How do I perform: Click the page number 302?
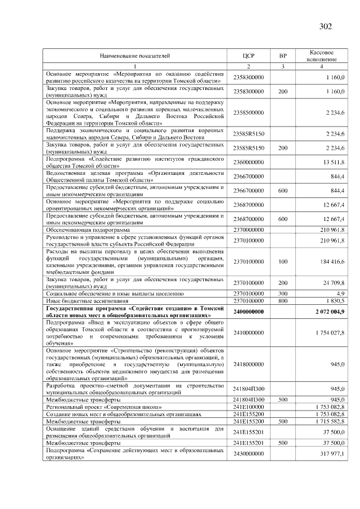click(x=325, y=26)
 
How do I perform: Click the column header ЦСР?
click(x=248, y=56)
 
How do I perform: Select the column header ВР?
click(x=283, y=56)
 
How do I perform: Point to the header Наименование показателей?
click(x=135, y=56)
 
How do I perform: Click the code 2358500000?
click(x=248, y=112)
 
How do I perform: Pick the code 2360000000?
click(x=248, y=162)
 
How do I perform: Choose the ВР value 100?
click(x=283, y=262)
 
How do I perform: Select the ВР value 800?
click(x=283, y=300)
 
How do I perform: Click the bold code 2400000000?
click(x=248, y=311)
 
